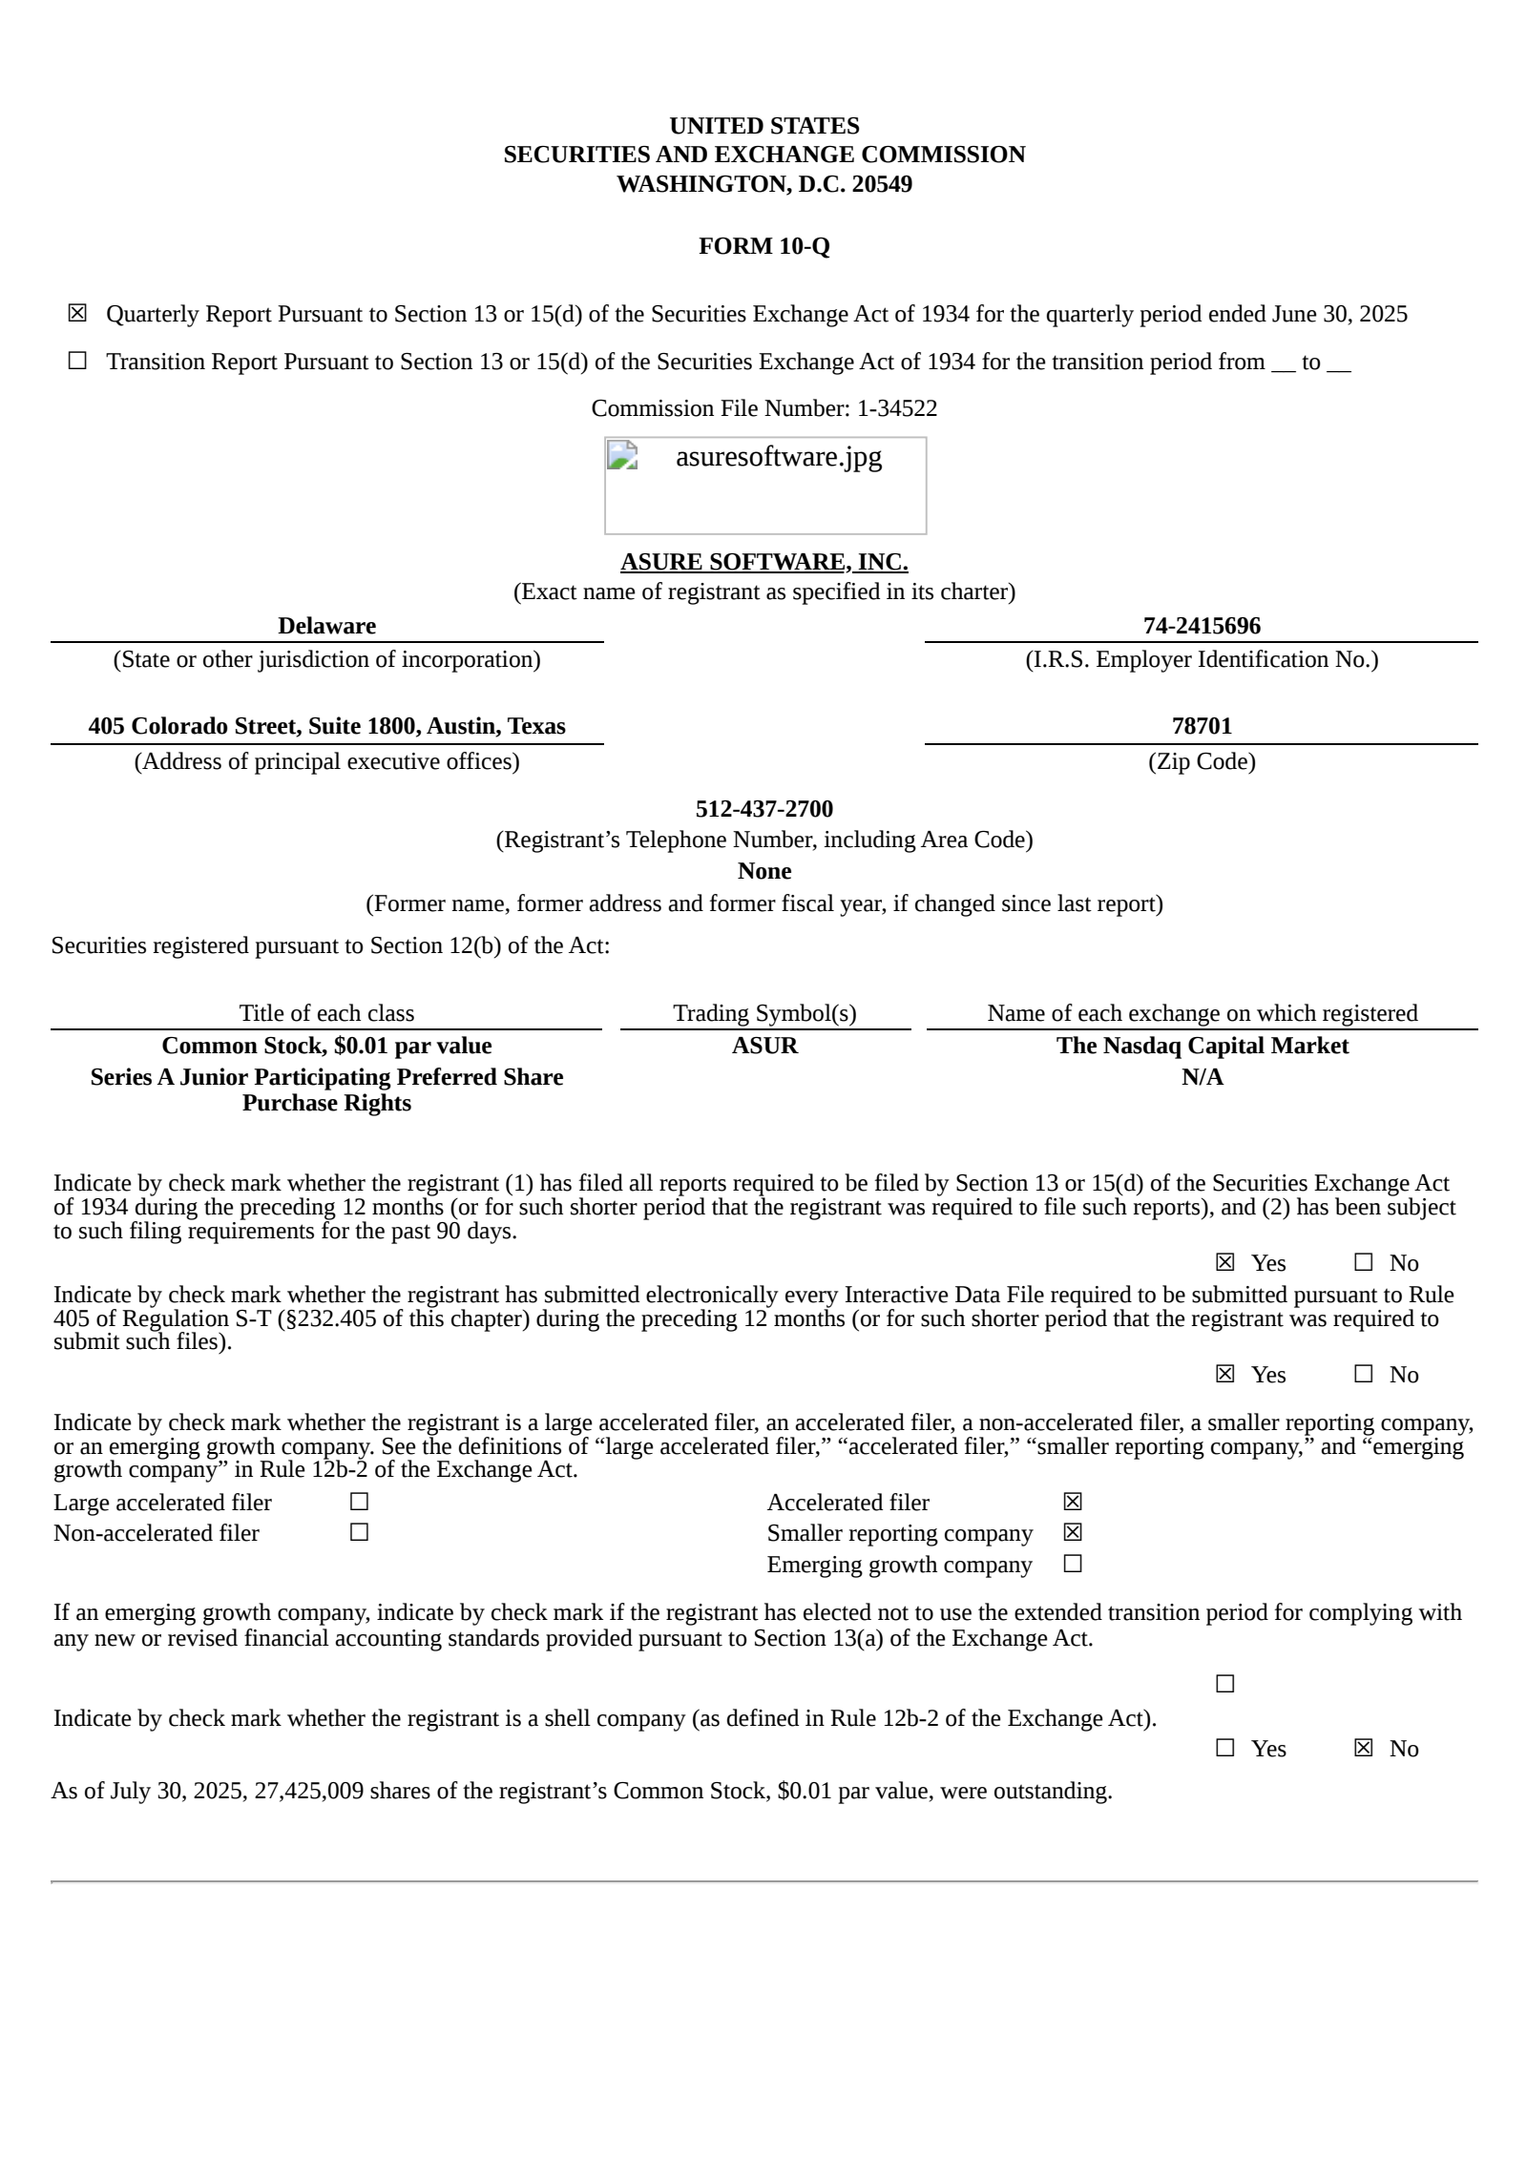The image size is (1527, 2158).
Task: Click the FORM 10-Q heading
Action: click(x=763, y=246)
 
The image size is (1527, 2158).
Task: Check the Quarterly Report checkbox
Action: click(x=77, y=313)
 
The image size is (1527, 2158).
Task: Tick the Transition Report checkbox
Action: click(x=77, y=361)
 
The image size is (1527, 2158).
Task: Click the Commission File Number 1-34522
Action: click(x=896, y=408)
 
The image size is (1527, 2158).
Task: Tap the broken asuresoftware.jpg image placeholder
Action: click(x=764, y=485)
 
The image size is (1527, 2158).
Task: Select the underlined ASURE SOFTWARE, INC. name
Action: click(x=763, y=562)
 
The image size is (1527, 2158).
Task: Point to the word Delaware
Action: click(x=326, y=626)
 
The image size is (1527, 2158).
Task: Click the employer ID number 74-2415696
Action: click(x=1202, y=626)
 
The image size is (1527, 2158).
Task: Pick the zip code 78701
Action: click(x=1202, y=726)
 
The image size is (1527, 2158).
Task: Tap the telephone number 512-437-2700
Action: click(x=763, y=809)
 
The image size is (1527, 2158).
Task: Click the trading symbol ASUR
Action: click(x=764, y=1046)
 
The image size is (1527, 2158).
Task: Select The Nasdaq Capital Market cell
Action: click(x=1202, y=1046)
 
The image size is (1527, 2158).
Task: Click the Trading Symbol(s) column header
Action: click(x=764, y=1013)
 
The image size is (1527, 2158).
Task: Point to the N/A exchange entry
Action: click(x=1202, y=1077)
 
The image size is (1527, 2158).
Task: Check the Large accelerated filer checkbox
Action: click(x=359, y=1502)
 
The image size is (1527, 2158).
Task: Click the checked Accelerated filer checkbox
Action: click(x=1073, y=1502)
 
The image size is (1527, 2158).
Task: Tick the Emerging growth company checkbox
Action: click(x=1073, y=1564)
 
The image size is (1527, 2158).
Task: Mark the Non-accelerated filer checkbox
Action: click(x=359, y=1532)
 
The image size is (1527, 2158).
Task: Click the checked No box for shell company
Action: click(x=1363, y=1748)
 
